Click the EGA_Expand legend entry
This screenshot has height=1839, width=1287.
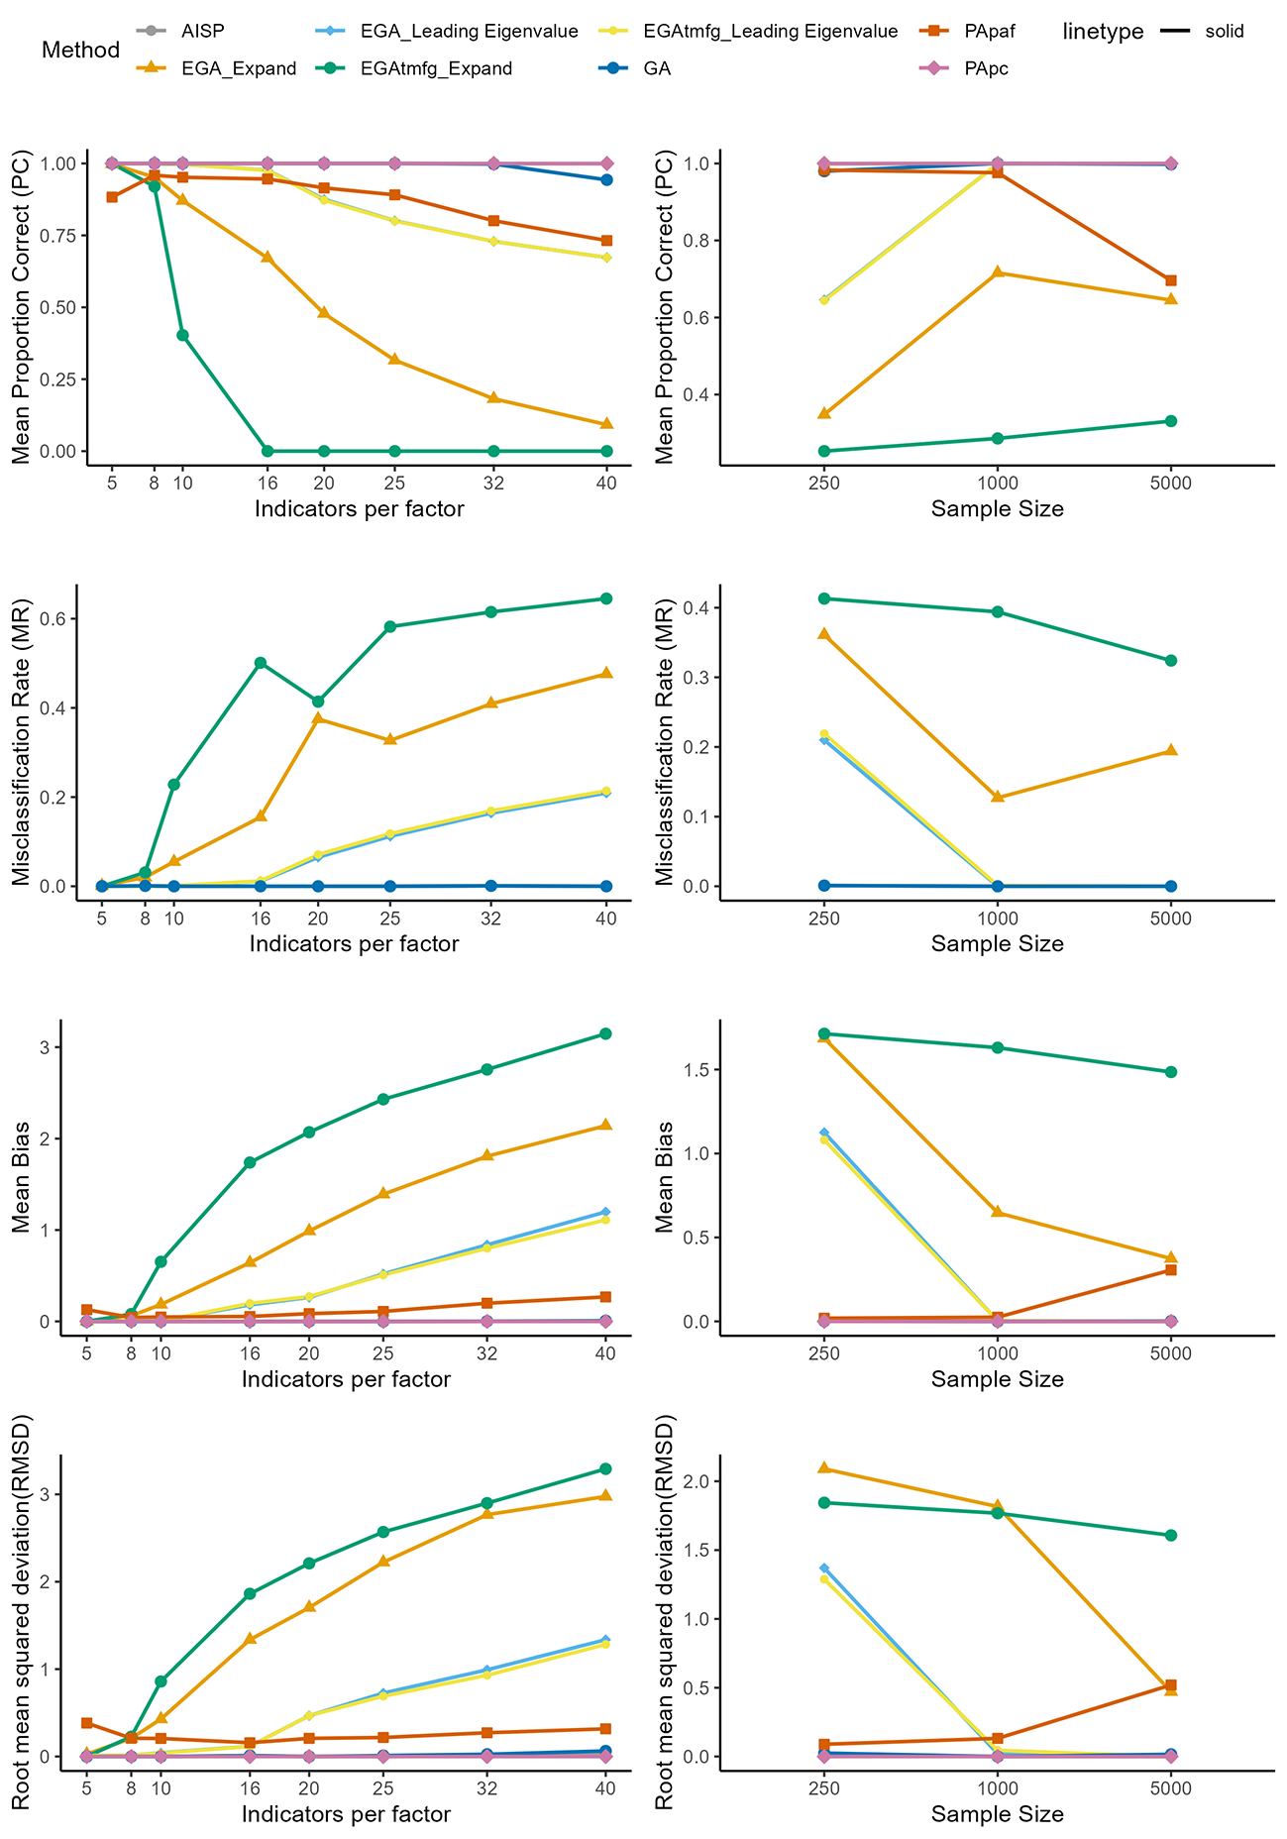tap(217, 67)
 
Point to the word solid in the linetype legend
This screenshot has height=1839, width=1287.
tap(1224, 31)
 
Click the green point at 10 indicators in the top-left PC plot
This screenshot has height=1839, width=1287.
tap(182, 335)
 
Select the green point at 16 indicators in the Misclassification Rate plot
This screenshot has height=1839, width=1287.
tap(261, 663)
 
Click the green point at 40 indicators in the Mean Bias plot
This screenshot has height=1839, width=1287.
tap(605, 1033)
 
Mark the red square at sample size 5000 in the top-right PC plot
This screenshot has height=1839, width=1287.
tap(1171, 280)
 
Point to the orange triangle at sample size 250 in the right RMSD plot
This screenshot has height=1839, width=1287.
tap(824, 1467)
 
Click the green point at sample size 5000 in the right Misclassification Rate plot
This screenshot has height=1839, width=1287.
tap(1171, 661)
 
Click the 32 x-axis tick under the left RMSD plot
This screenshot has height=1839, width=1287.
tap(486, 1788)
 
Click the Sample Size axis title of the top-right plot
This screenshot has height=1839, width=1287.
tap(998, 509)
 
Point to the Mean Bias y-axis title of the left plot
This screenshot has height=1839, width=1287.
tap(24, 1176)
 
